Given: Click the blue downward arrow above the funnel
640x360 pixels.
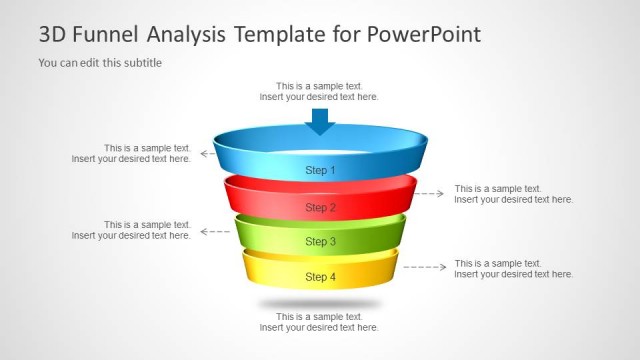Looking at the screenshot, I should click(x=320, y=121).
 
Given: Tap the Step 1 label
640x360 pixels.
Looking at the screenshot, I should click(x=320, y=171).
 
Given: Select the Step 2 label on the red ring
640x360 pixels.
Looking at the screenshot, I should click(x=320, y=208).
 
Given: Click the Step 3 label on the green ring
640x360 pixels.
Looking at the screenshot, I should click(x=320, y=242).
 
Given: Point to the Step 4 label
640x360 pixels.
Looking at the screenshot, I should click(x=320, y=277).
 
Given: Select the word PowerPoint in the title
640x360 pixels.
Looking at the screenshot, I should click(x=424, y=35).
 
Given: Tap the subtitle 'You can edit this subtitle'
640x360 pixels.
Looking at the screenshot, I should click(x=100, y=63).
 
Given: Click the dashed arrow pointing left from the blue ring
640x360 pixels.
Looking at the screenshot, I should click(x=207, y=153).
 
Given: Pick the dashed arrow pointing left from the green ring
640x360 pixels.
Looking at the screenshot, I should click(x=214, y=231).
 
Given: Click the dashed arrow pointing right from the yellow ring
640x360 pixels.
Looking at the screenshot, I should click(x=425, y=267).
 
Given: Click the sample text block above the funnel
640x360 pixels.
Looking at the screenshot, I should click(x=319, y=92).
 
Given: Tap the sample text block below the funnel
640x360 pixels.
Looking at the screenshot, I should click(x=319, y=322).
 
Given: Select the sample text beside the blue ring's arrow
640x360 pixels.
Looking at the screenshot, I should click(x=132, y=153).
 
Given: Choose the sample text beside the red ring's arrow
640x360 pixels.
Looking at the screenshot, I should click(x=513, y=194).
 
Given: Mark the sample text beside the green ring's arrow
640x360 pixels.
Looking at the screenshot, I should click(x=132, y=230).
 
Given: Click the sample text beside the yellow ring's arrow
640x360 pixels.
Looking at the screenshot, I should click(x=513, y=268).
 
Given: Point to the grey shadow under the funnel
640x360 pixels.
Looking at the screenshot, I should click(x=320, y=303).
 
